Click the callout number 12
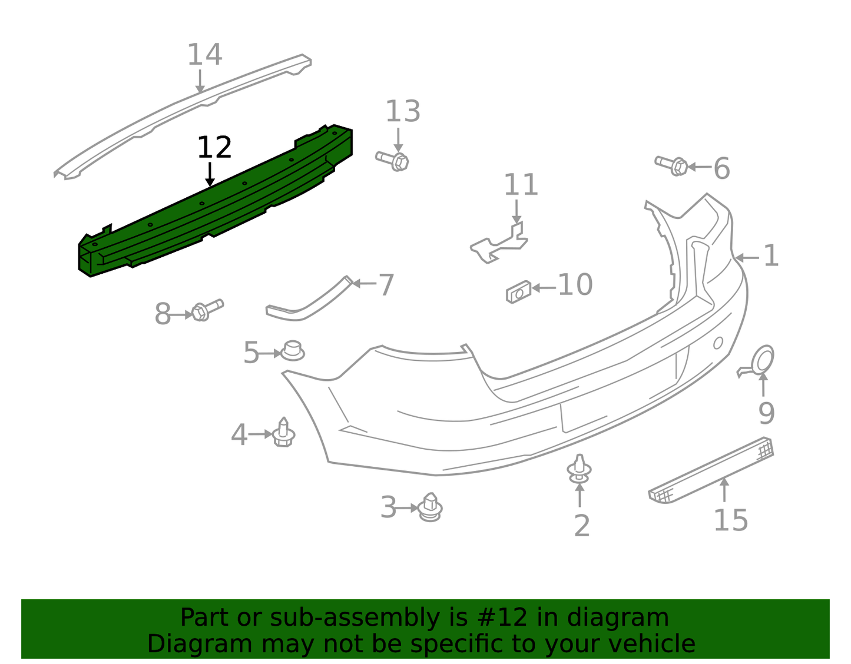pyautogui.click(x=214, y=147)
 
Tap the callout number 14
pyautogui.click(x=205, y=54)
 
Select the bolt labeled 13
pyautogui.click(x=392, y=161)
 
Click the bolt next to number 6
pyautogui.click(x=671, y=165)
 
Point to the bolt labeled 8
pyautogui.click(x=207, y=310)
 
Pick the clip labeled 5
pyautogui.click(x=292, y=351)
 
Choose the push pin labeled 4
pyautogui.click(x=283, y=432)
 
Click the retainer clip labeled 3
pyautogui.click(x=430, y=507)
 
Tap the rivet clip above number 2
pyautogui.click(x=580, y=469)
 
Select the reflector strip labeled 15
pyautogui.click(x=711, y=470)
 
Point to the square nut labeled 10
pyautogui.click(x=518, y=292)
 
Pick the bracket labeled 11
pyautogui.click(x=499, y=243)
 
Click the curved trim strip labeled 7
pyautogui.click(x=309, y=298)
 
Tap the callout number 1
pyautogui.click(x=771, y=256)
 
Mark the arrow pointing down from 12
pyautogui.click(x=210, y=174)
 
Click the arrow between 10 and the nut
pyautogui.click(x=544, y=288)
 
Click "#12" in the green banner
pyautogui.click(x=503, y=618)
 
